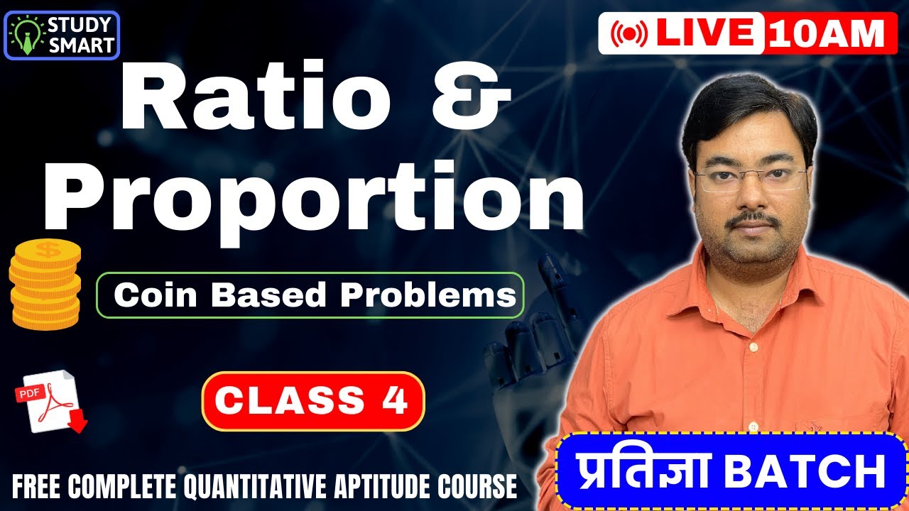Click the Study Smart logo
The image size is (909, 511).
coord(62,35)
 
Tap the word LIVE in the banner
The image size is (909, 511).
coord(705,33)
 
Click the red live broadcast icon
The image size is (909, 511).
coord(628,33)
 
